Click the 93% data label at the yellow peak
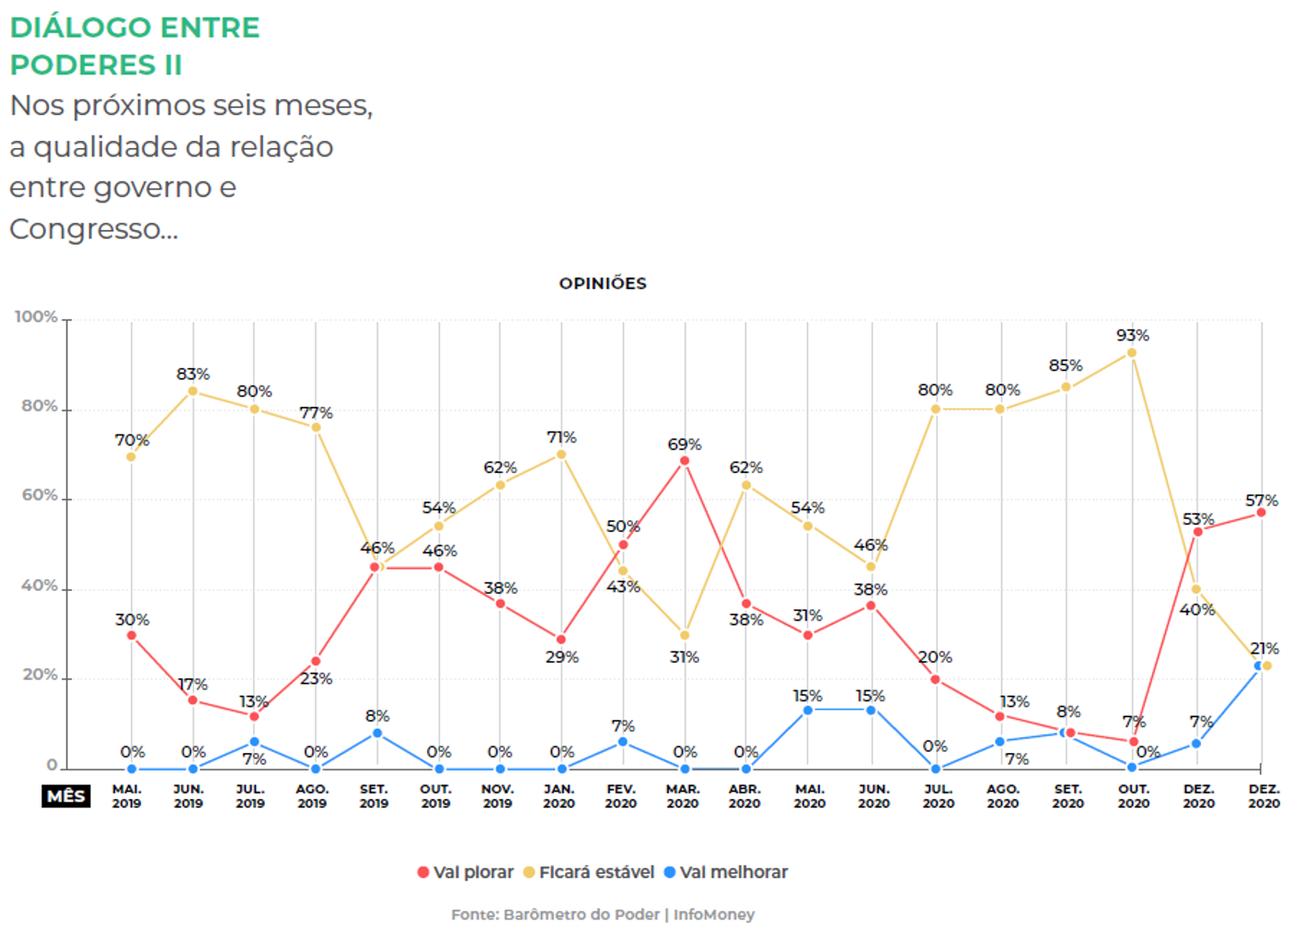click(1133, 335)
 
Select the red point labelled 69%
click(684, 461)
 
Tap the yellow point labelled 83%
click(192, 391)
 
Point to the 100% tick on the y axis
click(37, 317)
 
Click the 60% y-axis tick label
click(40, 495)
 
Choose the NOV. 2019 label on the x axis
click(498, 796)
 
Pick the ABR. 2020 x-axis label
click(744, 796)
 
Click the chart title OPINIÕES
click(603, 283)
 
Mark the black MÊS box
click(66, 796)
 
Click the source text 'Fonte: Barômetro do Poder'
click(555, 914)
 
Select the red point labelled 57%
click(1261, 513)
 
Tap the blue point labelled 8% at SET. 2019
click(377, 734)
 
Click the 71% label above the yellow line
click(561, 437)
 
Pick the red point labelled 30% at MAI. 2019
click(132, 635)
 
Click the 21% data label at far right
click(1264, 649)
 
